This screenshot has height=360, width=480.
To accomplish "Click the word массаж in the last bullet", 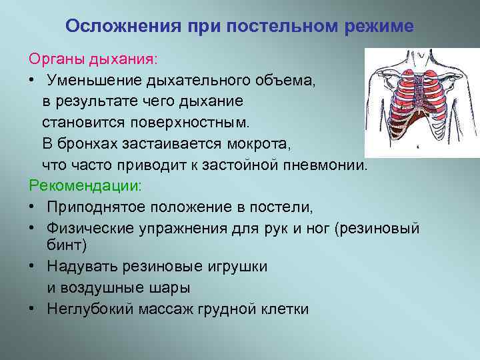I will coord(177,309).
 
